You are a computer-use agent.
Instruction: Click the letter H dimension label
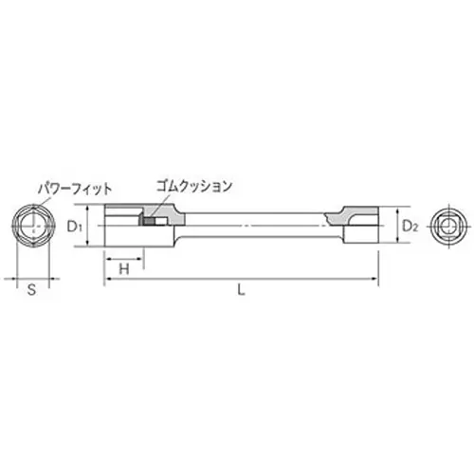click(x=123, y=270)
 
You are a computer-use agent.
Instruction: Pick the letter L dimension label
click(x=242, y=292)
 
